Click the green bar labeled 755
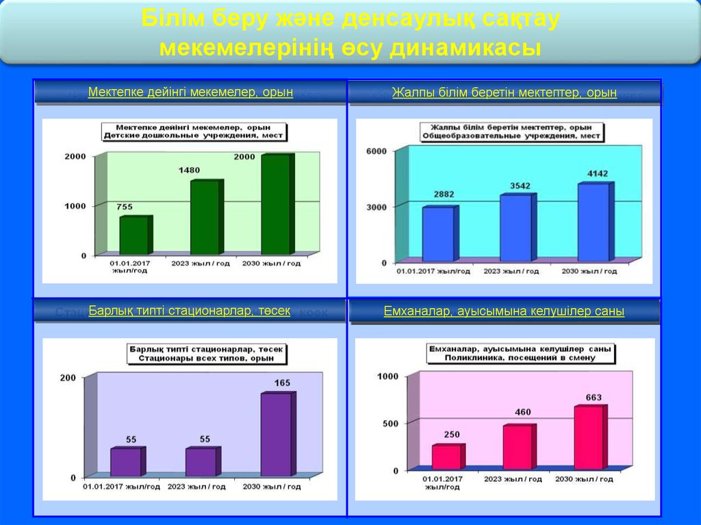134,235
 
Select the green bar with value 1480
205,218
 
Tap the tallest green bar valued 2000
275,205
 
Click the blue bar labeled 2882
437,234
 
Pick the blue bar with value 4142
593,222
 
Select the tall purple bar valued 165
276,434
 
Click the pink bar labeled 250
446,457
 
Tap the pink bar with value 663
589,437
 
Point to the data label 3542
520,185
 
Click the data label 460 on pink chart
522,412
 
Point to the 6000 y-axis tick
378,151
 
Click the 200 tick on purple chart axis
68,378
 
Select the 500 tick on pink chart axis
388,424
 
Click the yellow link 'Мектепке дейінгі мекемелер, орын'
190,92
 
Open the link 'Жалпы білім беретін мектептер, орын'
505,92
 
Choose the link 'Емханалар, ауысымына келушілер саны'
504,311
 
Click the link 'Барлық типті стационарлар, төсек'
190,311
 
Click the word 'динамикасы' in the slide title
466,49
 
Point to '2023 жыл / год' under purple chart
196,487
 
